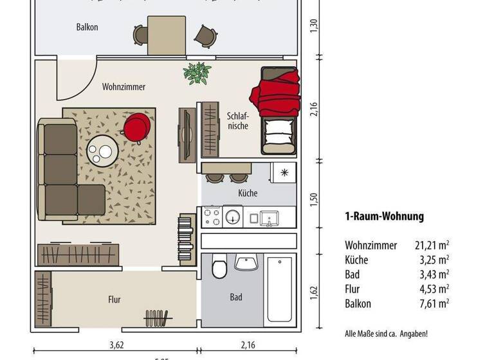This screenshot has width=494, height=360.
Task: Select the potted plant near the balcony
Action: pyautogui.click(x=196, y=73)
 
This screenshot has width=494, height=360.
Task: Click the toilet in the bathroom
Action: pyautogui.click(x=219, y=266)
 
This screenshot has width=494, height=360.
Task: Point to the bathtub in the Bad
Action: pyautogui.click(x=281, y=289)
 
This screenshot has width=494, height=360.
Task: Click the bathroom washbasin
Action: pyautogui.click(x=246, y=263)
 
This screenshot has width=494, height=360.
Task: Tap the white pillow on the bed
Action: pyautogui.click(x=279, y=134)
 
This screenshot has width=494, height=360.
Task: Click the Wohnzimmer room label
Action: pyautogui.click(x=123, y=87)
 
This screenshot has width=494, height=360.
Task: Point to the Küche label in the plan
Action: pyautogui.click(x=248, y=193)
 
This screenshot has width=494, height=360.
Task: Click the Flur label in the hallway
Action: pyautogui.click(x=114, y=300)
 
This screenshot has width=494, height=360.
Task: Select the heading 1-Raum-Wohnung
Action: pyautogui.click(x=384, y=217)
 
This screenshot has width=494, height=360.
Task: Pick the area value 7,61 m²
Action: pyautogui.click(x=435, y=303)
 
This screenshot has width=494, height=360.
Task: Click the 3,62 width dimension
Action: pyautogui.click(x=116, y=345)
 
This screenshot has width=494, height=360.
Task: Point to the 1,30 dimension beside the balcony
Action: pyautogui.click(x=314, y=26)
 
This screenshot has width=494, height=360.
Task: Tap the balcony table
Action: pyautogui.click(x=167, y=35)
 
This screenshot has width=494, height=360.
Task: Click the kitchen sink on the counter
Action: pyautogui.click(x=269, y=218)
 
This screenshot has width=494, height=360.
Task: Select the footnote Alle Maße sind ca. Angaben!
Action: pyautogui.click(x=386, y=334)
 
